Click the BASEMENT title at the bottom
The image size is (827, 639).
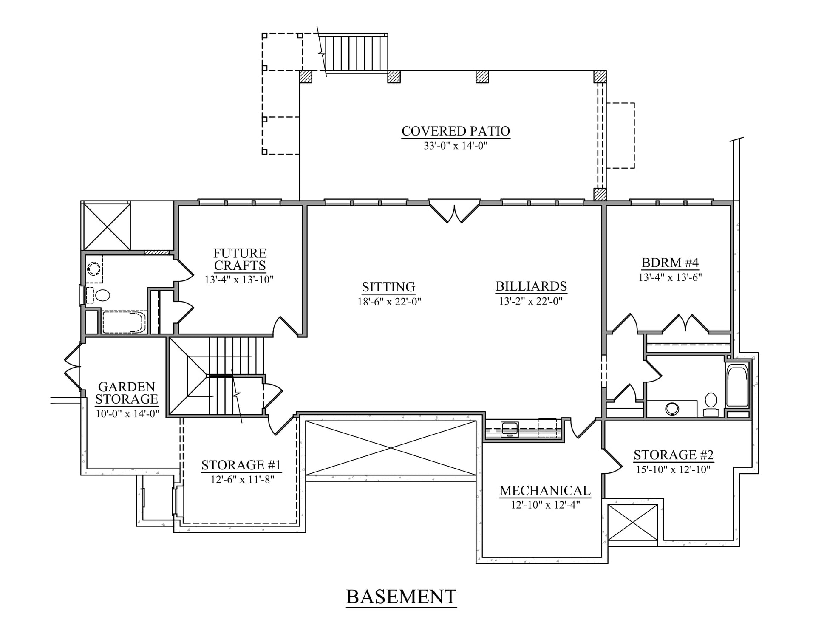(x=401, y=597)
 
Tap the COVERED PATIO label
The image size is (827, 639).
(x=456, y=131)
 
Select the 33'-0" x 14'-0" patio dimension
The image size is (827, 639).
(x=456, y=146)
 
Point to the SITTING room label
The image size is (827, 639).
(x=388, y=287)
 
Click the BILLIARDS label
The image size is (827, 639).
(x=531, y=286)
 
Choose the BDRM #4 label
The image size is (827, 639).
(x=670, y=263)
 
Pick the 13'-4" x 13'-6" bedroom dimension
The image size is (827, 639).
(x=670, y=277)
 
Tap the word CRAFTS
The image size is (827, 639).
(x=240, y=266)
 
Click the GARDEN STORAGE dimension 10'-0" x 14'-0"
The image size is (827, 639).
(x=127, y=413)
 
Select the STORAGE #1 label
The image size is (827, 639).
(x=241, y=465)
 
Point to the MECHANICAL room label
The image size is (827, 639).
(x=545, y=491)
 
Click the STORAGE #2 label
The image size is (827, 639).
(x=674, y=455)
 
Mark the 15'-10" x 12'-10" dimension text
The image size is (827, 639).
(x=674, y=469)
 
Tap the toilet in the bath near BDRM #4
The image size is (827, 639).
(x=711, y=404)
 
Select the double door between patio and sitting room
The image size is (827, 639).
(x=454, y=211)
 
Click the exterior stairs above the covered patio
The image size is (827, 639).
(x=354, y=53)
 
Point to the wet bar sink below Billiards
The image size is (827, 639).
(x=510, y=429)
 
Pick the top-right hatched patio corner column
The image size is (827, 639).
(x=600, y=76)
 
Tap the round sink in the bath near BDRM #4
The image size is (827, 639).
(x=672, y=409)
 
